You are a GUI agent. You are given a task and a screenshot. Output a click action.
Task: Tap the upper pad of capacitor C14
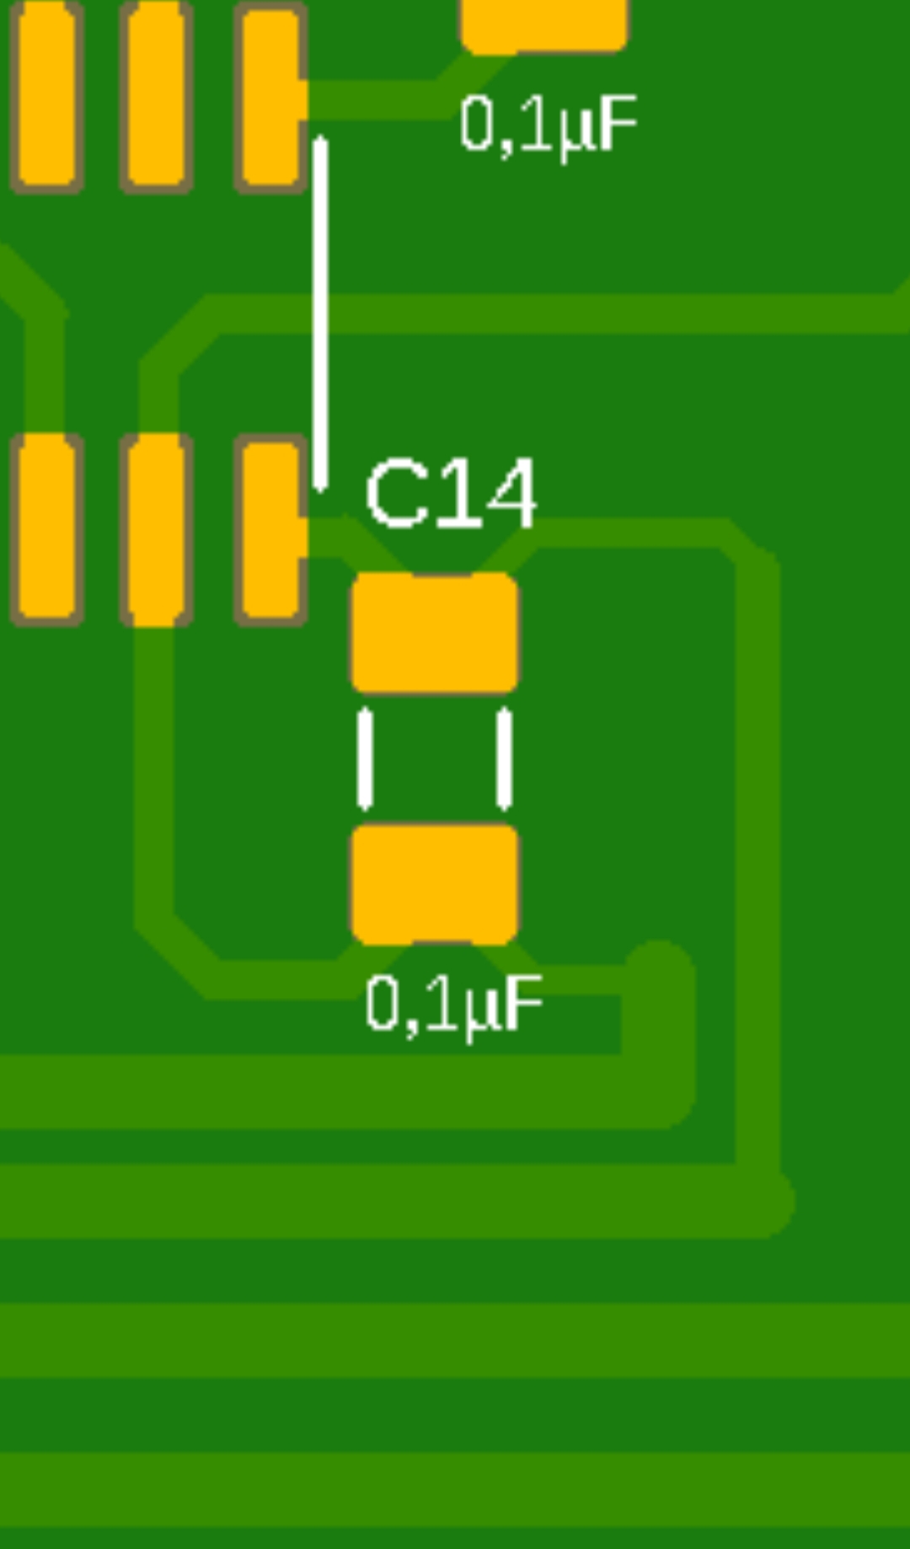click(x=434, y=633)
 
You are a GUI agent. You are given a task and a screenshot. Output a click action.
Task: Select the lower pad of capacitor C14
click(x=434, y=884)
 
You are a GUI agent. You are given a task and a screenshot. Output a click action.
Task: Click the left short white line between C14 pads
click(x=365, y=758)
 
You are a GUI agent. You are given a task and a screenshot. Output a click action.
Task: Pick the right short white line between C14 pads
click(x=504, y=758)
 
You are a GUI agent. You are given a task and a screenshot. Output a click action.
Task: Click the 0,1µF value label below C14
click(x=454, y=1005)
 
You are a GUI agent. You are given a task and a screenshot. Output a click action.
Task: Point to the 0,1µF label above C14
click(x=549, y=125)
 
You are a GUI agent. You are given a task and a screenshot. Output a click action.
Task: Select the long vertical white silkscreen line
click(x=320, y=314)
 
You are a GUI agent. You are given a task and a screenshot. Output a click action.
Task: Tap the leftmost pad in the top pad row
click(x=46, y=95)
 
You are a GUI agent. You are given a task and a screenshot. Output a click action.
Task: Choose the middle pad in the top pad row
click(x=157, y=95)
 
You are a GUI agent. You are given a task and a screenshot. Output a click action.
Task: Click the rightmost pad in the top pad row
click(x=270, y=95)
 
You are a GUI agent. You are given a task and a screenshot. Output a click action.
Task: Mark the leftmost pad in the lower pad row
click(x=46, y=529)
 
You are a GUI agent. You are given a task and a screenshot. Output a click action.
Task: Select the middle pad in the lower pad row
click(x=157, y=529)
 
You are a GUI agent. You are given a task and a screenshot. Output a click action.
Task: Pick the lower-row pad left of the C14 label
click(x=270, y=529)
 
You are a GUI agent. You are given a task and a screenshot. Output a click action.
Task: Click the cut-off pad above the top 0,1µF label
click(x=544, y=25)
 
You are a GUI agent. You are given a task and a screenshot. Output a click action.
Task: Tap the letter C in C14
click(x=395, y=494)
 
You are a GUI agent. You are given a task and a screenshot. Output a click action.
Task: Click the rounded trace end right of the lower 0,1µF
click(x=659, y=973)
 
